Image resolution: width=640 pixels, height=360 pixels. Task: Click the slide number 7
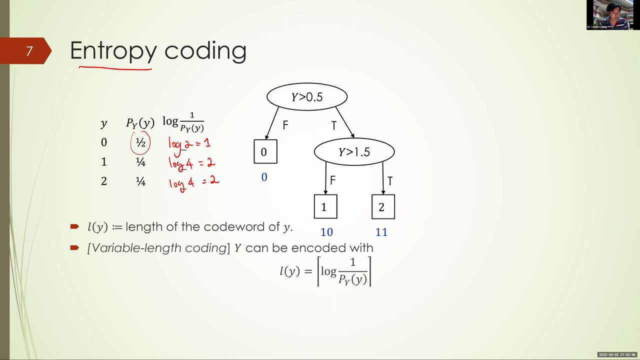coord(29,51)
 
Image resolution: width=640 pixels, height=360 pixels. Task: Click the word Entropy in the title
coord(113,51)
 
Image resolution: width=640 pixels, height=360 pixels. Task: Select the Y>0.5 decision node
coord(307,97)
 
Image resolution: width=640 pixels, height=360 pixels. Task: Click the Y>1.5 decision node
coord(354,151)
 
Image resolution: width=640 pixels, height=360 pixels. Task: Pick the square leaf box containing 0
coord(265,151)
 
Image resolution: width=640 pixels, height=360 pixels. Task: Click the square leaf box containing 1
coord(325,206)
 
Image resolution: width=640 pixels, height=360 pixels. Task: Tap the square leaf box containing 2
coord(383,206)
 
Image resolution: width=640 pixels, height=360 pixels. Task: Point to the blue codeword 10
coord(326,232)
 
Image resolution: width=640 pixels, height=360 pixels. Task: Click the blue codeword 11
coord(381,232)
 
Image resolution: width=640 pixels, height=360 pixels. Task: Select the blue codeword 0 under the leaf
coord(264,177)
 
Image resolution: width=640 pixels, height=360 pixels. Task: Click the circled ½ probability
coord(140,142)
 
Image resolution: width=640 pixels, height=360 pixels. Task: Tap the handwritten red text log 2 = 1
coord(189,145)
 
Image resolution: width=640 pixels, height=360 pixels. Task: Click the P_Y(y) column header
coord(140,123)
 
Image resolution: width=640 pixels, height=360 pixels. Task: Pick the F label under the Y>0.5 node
coord(285,125)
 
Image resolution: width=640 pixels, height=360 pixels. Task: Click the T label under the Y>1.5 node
coord(390,181)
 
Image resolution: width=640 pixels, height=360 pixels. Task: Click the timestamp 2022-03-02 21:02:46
coord(617,354)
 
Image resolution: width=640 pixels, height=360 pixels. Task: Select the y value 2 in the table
coord(104,181)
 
